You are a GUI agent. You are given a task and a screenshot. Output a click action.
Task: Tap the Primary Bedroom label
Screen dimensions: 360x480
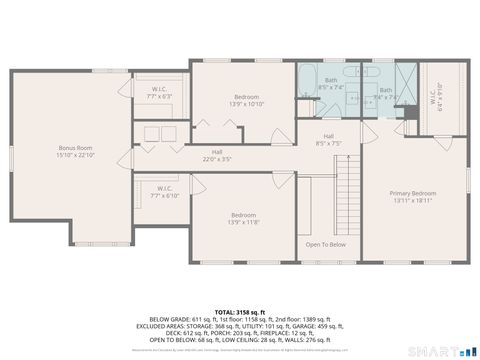pos(412,192)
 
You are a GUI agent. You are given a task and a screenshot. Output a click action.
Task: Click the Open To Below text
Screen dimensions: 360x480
pos(325,244)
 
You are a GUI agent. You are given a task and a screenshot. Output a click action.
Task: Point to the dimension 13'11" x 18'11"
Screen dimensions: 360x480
pos(412,200)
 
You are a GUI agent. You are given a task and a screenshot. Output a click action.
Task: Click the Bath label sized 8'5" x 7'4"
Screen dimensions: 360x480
pos(331,86)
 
